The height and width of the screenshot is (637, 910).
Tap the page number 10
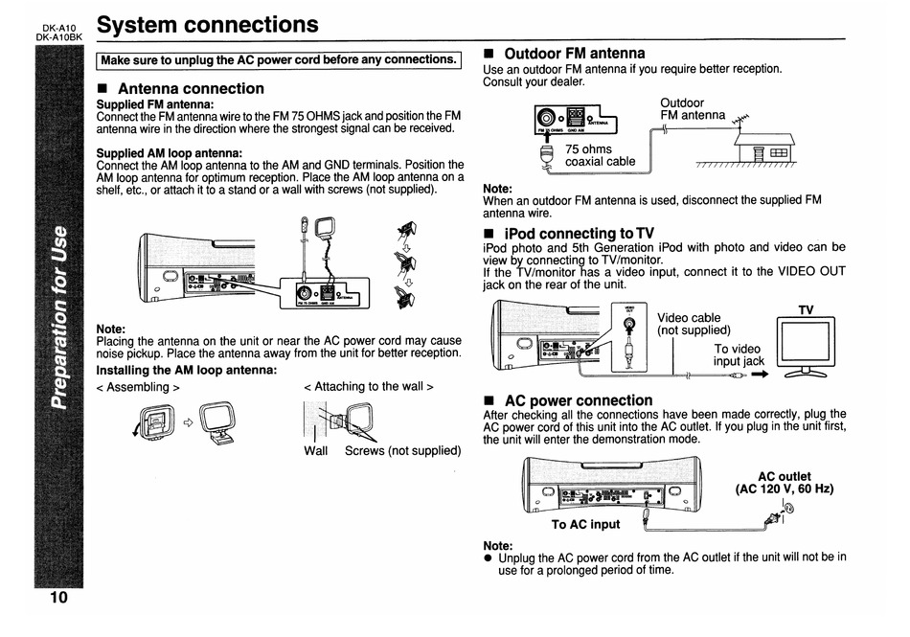58,598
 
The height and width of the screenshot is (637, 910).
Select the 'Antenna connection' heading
190,88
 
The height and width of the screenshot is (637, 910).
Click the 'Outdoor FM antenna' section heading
574,53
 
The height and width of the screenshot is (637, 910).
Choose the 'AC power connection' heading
578,399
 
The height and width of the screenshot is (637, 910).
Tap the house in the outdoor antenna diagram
763,149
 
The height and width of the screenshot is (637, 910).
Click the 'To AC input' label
585,524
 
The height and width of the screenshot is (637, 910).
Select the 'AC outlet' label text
784,476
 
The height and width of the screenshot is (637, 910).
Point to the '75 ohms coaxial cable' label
600,155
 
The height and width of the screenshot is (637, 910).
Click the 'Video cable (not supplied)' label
694,324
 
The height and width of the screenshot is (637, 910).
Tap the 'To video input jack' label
739,354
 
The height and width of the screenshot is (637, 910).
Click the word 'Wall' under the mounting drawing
315,450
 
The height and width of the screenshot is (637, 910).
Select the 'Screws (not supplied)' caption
402,450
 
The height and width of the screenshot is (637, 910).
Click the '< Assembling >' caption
139,387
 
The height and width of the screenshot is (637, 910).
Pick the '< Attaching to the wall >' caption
368,386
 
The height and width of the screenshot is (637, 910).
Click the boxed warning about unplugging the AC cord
280,59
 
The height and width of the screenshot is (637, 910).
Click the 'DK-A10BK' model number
59,36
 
